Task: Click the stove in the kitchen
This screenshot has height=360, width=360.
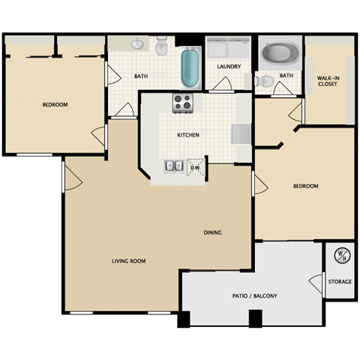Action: [x=183, y=100]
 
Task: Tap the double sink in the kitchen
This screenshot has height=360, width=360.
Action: [x=174, y=166]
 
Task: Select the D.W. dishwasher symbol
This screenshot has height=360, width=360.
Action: [x=196, y=167]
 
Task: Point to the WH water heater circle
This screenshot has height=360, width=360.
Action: [x=340, y=255]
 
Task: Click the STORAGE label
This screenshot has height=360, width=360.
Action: [x=340, y=283]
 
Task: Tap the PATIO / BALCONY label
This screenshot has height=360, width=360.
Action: [x=255, y=296]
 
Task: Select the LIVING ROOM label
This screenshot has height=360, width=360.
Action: [x=128, y=261]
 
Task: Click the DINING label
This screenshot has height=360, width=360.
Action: [x=212, y=232]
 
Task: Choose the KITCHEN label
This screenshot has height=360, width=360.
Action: [x=187, y=136]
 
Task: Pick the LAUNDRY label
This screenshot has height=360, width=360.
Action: [x=228, y=67]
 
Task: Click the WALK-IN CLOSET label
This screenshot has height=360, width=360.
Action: [x=327, y=81]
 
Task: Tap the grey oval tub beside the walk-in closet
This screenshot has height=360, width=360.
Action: [x=279, y=54]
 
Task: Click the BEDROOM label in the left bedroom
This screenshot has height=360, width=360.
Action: [x=54, y=105]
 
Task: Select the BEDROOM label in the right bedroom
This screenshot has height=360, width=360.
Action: [x=305, y=186]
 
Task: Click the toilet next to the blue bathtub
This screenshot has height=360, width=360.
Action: [x=161, y=47]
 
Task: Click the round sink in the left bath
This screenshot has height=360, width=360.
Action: [x=137, y=44]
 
